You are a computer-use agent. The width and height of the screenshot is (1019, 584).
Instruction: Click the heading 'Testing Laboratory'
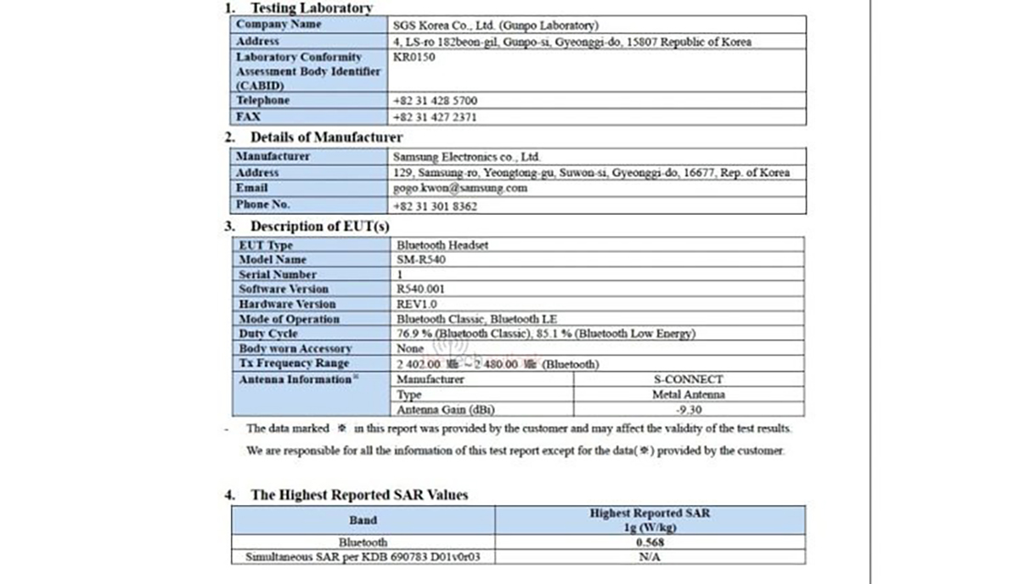coord(311,8)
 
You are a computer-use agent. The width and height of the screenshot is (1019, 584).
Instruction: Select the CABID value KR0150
coord(414,57)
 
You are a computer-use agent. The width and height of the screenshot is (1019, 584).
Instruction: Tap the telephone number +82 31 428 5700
coord(436,100)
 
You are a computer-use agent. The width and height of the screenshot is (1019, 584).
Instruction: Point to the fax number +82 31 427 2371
coord(436,117)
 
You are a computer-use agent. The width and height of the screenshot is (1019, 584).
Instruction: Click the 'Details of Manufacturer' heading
coord(326,137)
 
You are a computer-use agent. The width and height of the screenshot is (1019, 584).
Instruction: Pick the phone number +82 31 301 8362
coord(436,205)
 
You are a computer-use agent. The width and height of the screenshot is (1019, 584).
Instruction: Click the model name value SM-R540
coord(421,260)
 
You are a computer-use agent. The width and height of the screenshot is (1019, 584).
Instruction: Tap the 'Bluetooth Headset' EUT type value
coord(442,245)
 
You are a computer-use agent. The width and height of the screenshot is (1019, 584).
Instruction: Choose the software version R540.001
coord(420,289)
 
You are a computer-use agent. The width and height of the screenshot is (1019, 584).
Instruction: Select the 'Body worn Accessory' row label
coord(295,349)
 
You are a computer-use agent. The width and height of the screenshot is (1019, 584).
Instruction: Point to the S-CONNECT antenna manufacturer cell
coord(688,379)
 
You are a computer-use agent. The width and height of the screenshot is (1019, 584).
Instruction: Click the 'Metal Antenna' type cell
coord(688,395)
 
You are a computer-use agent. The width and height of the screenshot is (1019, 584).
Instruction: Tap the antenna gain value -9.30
coord(688,409)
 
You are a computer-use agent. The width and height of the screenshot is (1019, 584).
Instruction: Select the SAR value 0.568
coord(650,542)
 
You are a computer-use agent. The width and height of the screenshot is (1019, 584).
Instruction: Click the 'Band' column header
coord(363,519)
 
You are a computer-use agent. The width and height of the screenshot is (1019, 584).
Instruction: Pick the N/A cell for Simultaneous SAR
coord(650,557)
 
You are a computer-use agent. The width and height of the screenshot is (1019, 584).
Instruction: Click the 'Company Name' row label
coord(279,25)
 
